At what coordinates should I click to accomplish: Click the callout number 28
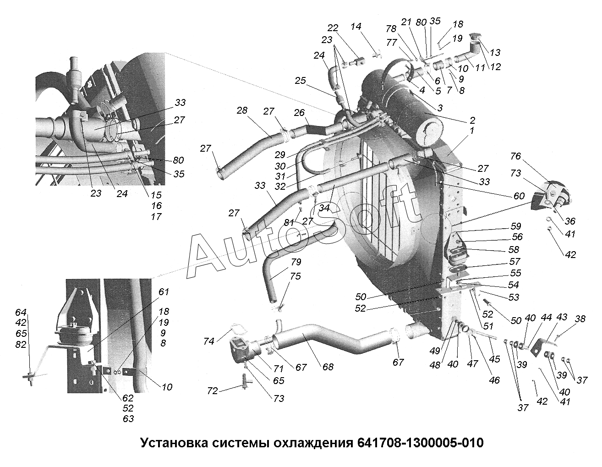point(242,110)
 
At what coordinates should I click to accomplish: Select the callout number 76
point(515,156)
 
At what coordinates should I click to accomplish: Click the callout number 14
point(356,27)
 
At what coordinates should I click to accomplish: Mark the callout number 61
point(164,292)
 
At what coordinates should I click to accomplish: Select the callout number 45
point(494,360)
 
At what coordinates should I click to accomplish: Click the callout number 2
point(472,121)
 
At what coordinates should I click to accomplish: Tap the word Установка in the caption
point(172,443)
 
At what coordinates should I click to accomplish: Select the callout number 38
point(580,319)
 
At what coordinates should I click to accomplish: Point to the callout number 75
point(296,276)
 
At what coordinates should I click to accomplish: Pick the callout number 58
point(514,250)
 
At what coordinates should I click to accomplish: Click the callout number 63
point(128,418)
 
